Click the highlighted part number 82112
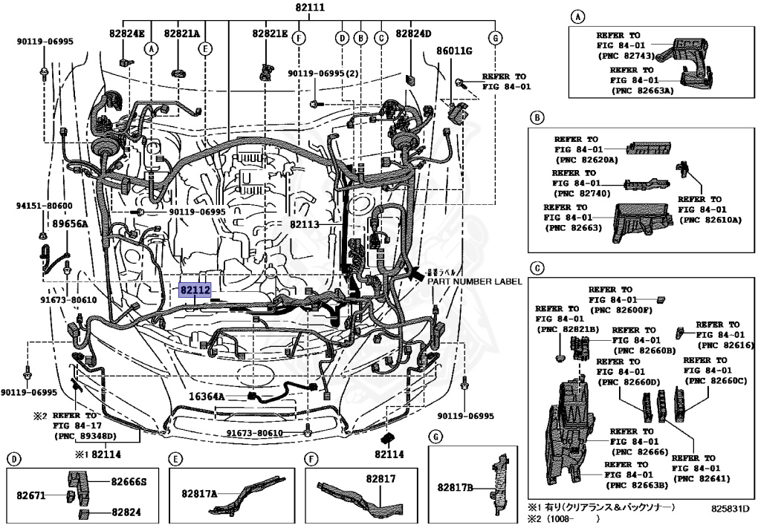[194, 290]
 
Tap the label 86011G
[454, 51]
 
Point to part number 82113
[305, 223]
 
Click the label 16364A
[206, 397]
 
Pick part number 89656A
[70, 223]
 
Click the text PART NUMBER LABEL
[474, 281]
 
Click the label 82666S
[129, 481]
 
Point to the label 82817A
[199, 493]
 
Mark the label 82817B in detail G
[455, 487]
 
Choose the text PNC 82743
[635, 56]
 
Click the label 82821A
[183, 33]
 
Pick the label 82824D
[413, 33]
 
